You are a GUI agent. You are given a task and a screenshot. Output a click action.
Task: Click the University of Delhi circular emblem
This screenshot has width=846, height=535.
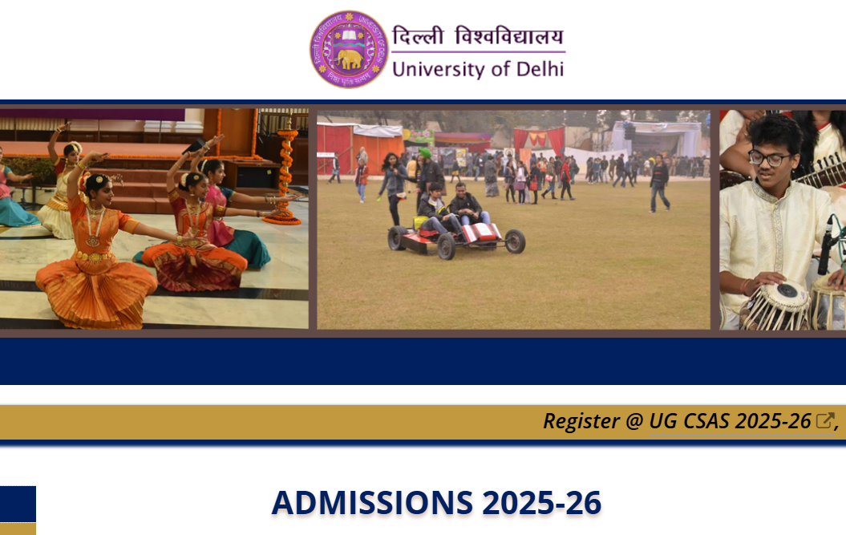349,49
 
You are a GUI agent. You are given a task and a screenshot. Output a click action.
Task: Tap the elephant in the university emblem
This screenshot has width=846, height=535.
350,59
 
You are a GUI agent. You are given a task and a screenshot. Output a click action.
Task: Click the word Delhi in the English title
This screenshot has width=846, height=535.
539,69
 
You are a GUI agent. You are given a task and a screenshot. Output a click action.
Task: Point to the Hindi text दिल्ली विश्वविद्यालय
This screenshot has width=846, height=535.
478,36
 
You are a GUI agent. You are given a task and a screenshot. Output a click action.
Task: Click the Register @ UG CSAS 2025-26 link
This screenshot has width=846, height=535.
677,421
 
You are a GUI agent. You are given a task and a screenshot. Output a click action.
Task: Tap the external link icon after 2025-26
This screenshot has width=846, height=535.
824,421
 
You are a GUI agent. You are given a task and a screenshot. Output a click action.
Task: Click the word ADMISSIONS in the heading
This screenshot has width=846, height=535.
372,503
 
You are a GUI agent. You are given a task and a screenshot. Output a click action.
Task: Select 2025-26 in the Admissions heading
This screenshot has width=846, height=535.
541,503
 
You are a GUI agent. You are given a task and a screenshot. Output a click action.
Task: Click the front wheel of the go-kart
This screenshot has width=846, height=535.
515,241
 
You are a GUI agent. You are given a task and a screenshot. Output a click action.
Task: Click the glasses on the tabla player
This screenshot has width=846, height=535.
768,158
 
